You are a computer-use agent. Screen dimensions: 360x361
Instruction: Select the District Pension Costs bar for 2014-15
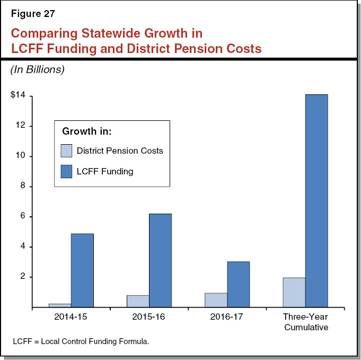pyautogui.click(x=60, y=305)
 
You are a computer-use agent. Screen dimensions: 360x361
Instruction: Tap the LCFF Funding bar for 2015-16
pyautogui.click(x=160, y=260)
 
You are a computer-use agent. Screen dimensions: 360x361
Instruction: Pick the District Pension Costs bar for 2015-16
pyautogui.click(x=138, y=301)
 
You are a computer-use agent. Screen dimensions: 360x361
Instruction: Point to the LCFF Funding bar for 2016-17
pyautogui.click(x=238, y=284)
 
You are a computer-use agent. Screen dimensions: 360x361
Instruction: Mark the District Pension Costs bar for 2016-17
pyautogui.click(x=216, y=300)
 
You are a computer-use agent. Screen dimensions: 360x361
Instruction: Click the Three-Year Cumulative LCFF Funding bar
pyautogui.click(x=316, y=201)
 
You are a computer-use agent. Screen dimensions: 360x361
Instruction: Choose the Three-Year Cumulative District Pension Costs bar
pyautogui.click(x=294, y=292)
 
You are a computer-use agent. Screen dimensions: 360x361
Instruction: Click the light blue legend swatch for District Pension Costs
pyautogui.click(x=66, y=151)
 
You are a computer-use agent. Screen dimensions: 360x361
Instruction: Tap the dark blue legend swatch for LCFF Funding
pyautogui.click(x=66, y=171)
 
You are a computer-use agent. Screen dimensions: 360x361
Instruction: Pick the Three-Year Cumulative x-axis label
pyautogui.click(x=305, y=322)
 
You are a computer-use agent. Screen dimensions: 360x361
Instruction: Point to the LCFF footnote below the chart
pyautogui.click(x=81, y=341)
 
